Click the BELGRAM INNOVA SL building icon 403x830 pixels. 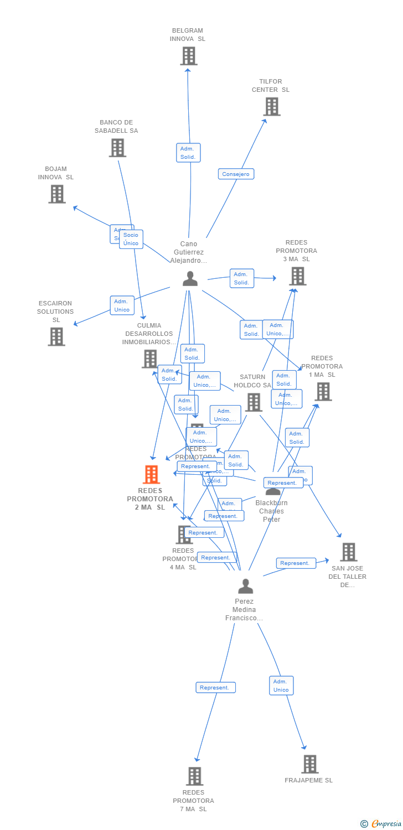click(189, 56)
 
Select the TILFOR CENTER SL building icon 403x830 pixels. click(272, 107)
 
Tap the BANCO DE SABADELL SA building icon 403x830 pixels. click(117, 148)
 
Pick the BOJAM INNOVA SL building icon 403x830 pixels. click(56, 194)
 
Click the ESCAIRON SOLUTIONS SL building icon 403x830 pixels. click(56, 336)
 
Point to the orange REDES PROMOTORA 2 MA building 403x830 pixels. click(151, 475)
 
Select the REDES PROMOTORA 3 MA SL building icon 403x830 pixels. click(297, 276)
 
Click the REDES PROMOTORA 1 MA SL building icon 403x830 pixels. click(323, 391)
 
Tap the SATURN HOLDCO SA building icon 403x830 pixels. click(254, 402)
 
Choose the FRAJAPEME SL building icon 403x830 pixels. click(309, 764)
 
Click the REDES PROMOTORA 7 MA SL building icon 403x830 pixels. click(194, 776)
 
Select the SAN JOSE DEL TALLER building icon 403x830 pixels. click(348, 552)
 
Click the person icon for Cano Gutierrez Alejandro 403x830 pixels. click(190, 278)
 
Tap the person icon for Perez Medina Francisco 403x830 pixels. click(245, 586)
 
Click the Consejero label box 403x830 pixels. click(236, 174)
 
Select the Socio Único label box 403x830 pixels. click(131, 239)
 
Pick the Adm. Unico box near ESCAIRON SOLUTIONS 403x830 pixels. click(122, 305)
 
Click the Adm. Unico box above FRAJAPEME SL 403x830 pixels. click(281, 686)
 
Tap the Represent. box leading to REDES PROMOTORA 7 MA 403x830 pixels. click(215, 688)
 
